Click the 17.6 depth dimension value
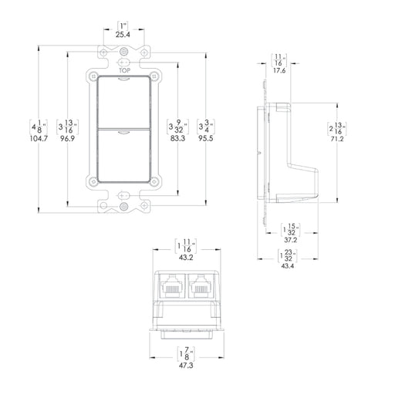pyautogui.click(x=279, y=70)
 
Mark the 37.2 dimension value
pyautogui.click(x=289, y=240)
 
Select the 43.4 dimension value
pyautogui.click(x=289, y=265)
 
